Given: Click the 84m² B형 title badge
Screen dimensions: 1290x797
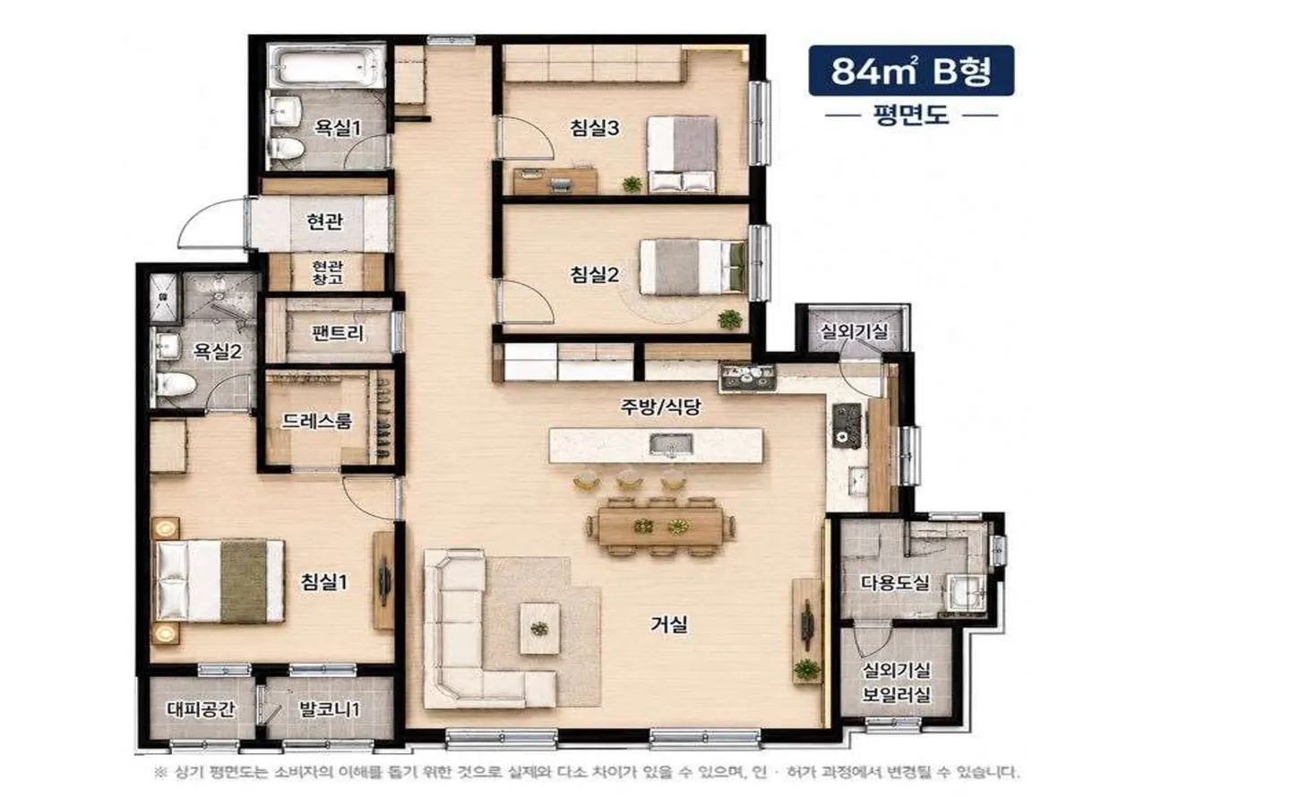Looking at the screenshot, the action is click(911, 71).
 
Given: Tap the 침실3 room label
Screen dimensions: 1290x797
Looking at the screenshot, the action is click(594, 128).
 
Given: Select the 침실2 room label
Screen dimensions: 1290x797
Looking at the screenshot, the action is click(594, 274).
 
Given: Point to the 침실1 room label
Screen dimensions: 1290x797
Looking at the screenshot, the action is click(324, 582).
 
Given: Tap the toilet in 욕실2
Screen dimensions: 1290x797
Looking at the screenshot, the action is click(175, 383).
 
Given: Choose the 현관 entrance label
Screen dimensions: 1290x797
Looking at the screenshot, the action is click(325, 221).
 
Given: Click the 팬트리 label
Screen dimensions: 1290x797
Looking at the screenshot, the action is click(337, 332).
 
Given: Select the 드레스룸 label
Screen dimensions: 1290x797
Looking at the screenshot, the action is click(316, 421).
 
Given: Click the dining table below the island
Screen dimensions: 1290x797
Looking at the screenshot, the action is click(660, 526).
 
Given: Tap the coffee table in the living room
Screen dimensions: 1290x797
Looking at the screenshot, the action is click(539, 629).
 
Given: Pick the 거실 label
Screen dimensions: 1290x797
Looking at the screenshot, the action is click(669, 624).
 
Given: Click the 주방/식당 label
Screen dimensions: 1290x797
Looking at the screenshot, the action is click(660, 407).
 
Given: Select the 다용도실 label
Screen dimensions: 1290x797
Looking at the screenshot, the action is click(895, 583).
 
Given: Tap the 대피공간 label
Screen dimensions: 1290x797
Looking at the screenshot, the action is click(201, 709).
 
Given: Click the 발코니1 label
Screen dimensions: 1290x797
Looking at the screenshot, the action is click(330, 709).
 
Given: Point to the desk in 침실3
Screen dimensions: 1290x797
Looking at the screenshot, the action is click(555, 181).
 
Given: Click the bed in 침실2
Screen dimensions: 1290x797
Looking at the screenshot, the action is click(693, 267).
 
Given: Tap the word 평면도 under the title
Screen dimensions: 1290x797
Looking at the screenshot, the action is click(911, 116).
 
